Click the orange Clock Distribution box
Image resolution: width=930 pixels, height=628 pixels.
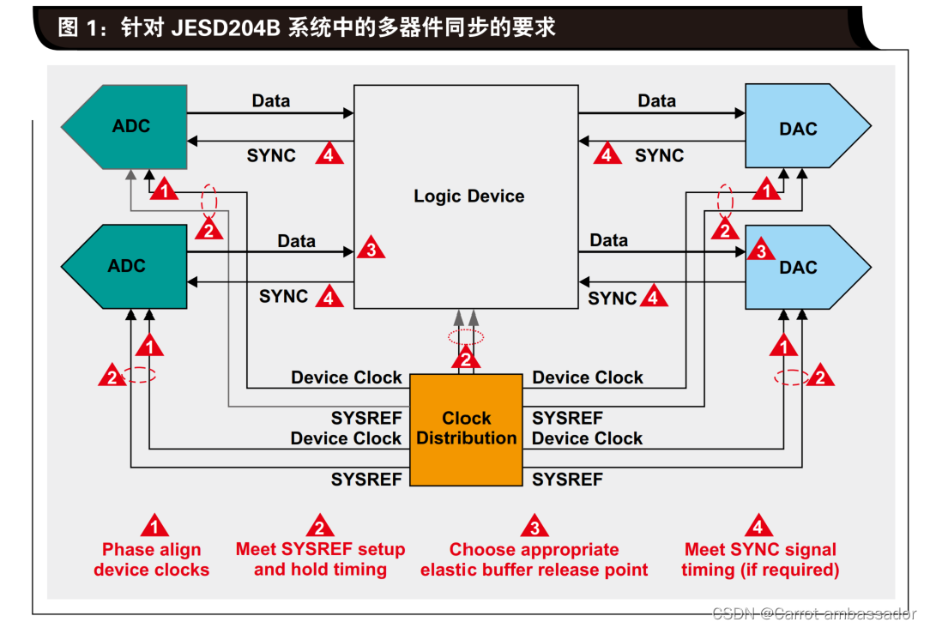pos(467,429)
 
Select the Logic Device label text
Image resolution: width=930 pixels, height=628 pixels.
pos(468,196)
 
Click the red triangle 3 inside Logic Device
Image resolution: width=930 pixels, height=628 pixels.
pos(371,249)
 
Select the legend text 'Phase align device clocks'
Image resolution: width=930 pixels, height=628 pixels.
pos(152,559)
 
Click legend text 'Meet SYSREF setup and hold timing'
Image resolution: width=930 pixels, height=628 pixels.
pos(320,559)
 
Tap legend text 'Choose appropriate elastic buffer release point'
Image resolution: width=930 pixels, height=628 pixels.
pos(534,559)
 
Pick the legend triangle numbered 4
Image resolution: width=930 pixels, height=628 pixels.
pos(758,525)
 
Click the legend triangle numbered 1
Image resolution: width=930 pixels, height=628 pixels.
pos(154,525)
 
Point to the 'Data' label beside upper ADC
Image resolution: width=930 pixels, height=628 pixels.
pos(270,101)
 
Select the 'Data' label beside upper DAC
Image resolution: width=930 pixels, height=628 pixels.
pos(656,101)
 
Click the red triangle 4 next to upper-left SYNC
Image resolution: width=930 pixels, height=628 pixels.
pos(329,154)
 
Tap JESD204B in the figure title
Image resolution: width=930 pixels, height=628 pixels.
pos(225,27)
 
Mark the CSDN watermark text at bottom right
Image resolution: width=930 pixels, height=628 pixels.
pos(814,613)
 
